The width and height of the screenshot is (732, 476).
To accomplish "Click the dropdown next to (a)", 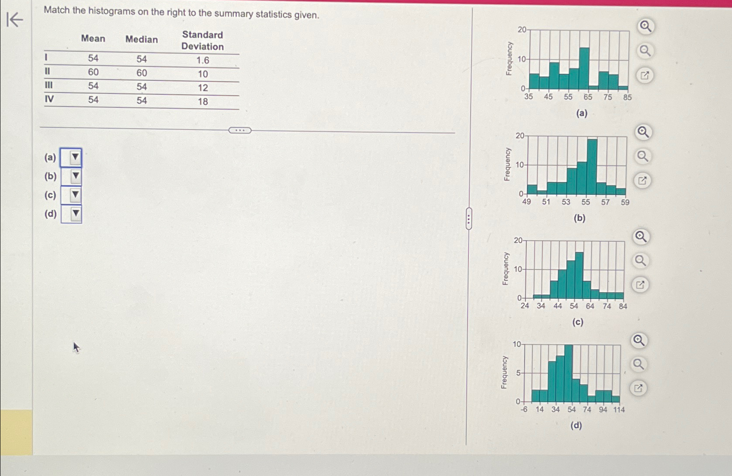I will click(71, 157).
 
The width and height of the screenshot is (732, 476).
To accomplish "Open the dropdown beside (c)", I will click(71, 195).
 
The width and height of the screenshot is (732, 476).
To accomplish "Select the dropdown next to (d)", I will click(71, 214).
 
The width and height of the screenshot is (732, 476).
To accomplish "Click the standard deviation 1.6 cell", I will click(203, 60).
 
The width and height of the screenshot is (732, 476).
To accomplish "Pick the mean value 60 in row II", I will click(93, 72).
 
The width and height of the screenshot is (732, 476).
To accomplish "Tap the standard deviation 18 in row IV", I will click(203, 102).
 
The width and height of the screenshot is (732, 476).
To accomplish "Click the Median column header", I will click(141, 40).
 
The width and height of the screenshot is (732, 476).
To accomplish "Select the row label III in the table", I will click(48, 85).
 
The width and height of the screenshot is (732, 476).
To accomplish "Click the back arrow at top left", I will click(15, 20).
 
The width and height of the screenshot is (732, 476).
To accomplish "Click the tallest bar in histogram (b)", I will click(592, 167).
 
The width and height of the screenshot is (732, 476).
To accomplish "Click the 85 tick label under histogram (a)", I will click(627, 97).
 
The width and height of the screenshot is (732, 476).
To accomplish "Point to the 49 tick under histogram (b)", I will click(526, 202).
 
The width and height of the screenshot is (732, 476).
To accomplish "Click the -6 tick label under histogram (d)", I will click(524, 409).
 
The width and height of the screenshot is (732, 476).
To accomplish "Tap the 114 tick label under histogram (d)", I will click(618, 409).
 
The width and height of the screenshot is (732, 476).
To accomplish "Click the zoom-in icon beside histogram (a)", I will click(645, 27).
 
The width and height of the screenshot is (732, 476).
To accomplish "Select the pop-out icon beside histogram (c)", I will click(640, 285).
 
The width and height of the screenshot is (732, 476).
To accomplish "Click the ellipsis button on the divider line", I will click(240, 130).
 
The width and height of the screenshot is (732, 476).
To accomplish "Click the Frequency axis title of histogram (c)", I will click(505, 269).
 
